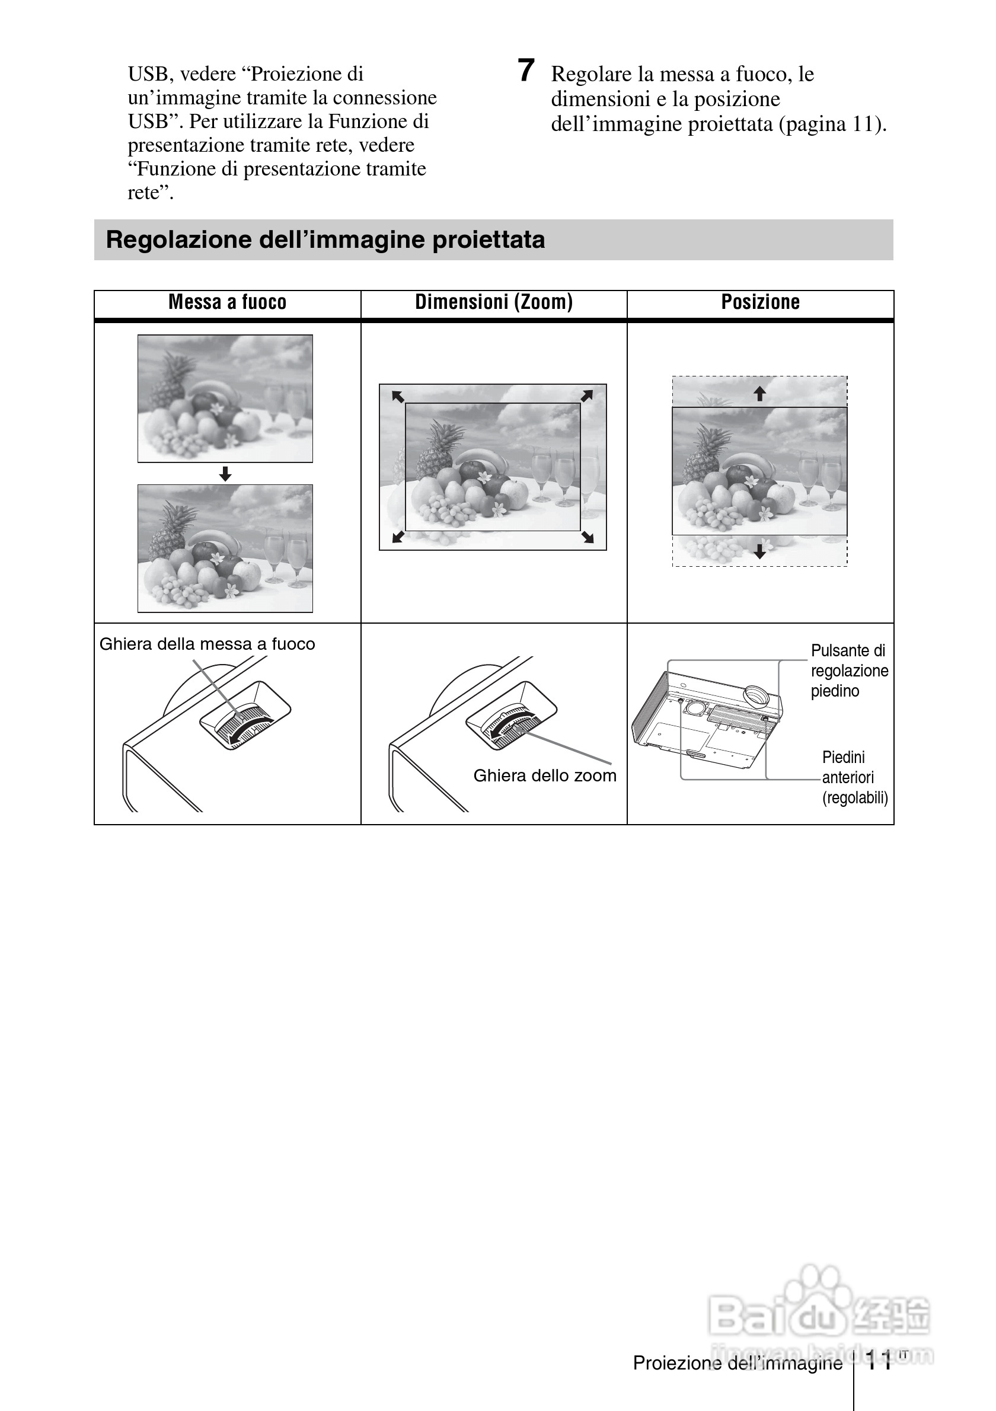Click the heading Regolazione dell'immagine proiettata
[325, 240]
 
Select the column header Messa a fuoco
[227, 302]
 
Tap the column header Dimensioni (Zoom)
[493, 302]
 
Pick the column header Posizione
[760, 302]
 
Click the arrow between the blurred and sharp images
[225, 473]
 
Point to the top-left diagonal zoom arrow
[398, 397]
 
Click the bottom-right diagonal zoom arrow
[588, 537]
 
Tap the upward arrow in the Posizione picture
[760, 393]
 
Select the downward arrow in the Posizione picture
[760, 551]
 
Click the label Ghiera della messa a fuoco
[207, 644]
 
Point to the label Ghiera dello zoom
[544, 775]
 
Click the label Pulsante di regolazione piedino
[848, 671]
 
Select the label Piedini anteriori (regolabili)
[854, 777]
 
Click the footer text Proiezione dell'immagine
[738, 1363]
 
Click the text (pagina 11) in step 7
[832, 124]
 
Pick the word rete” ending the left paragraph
[151, 193]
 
